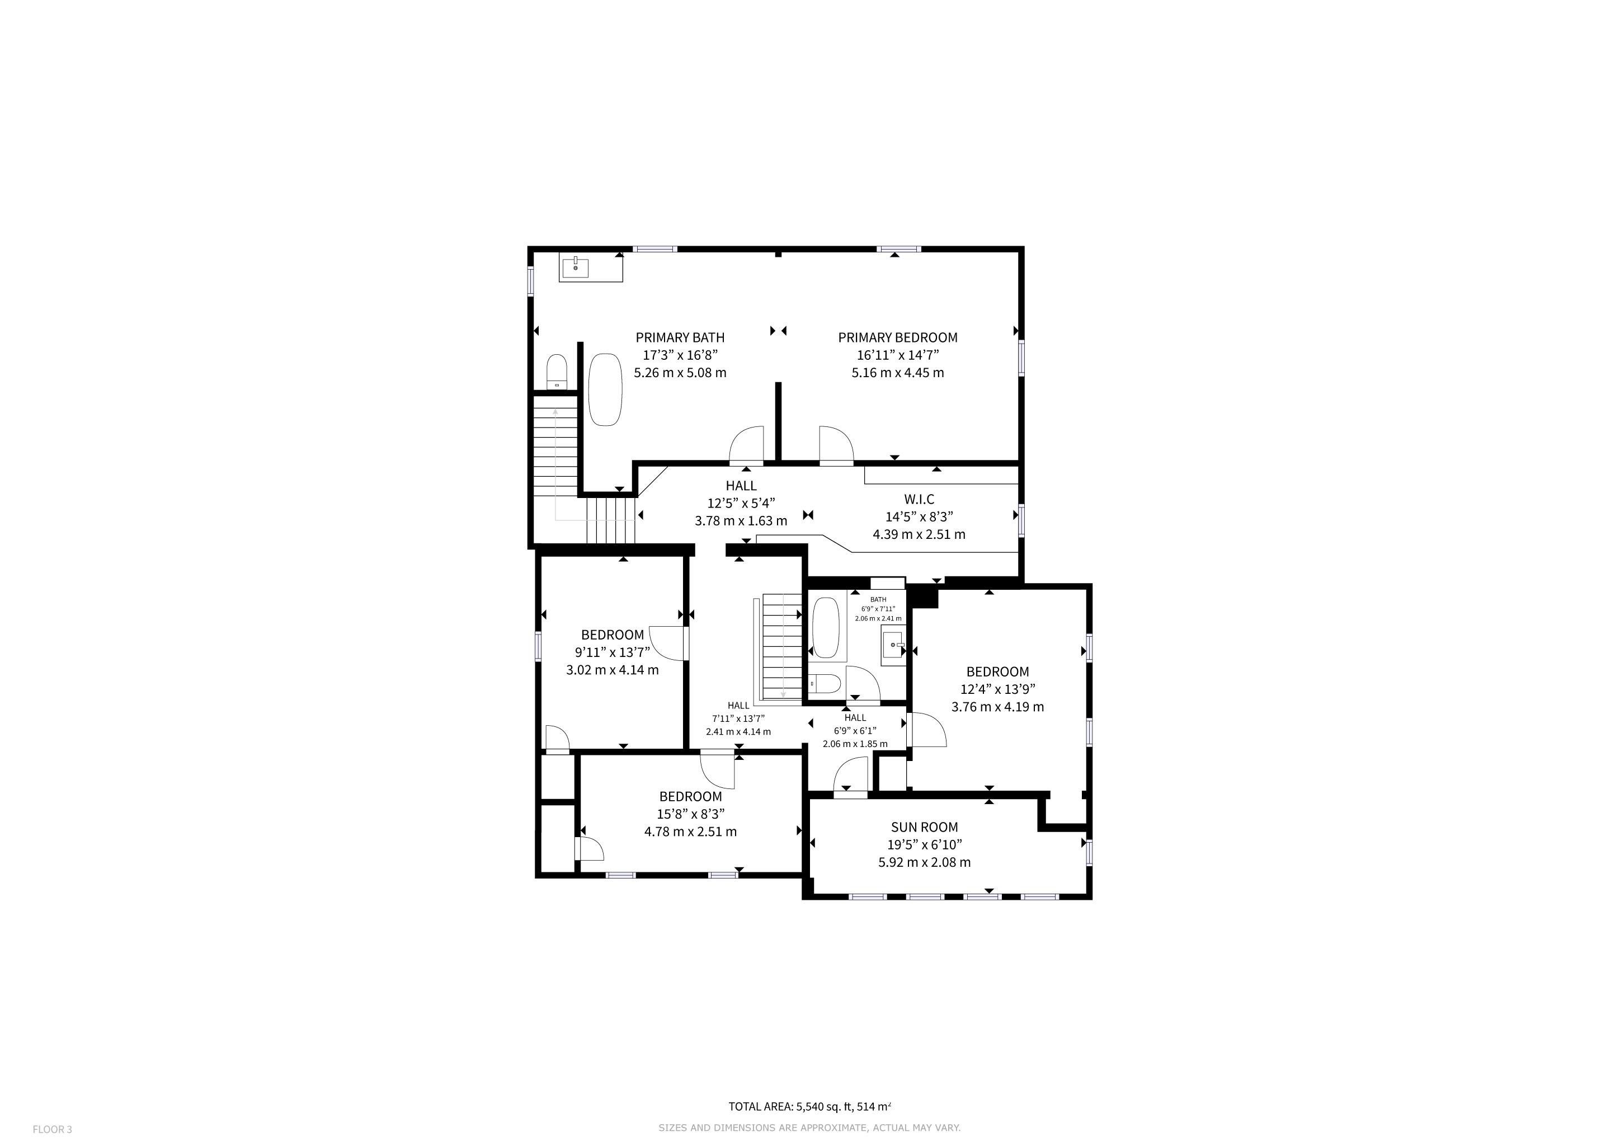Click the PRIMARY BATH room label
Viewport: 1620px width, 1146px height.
[x=680, y=337]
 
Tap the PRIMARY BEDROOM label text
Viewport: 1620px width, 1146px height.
[x=897, y=337]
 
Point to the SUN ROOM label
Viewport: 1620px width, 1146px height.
[x=924, y=826]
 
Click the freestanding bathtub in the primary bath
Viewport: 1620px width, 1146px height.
[x=605, y=389]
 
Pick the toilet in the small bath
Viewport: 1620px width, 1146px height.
[x=824, y=683]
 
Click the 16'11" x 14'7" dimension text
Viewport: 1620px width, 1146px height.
[x=897, y=355]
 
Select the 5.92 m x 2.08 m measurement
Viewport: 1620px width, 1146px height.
[x=924, y=862]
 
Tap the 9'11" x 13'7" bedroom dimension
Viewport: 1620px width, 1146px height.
[x=613, y=652]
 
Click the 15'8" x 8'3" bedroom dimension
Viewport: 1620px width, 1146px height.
[x=691, y=814]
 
